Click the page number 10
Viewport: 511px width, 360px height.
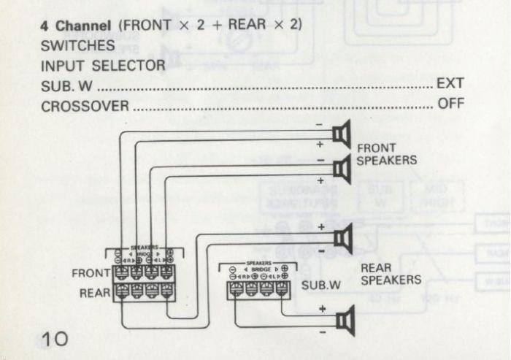(55, 340)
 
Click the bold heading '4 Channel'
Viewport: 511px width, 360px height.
(76, 26)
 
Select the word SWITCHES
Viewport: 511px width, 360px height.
(77, 45)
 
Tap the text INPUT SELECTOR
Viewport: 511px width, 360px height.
(103, 65)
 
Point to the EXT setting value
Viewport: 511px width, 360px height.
(450, 85)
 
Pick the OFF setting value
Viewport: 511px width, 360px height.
(451, 104)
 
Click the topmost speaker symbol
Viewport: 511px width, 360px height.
(342, 134)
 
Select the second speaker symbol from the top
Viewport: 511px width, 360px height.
(342, 170)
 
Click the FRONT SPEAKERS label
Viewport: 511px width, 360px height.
(387, 154)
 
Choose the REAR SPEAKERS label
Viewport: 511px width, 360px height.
(391, 274)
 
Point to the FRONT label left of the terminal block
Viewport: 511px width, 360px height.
(91, 274)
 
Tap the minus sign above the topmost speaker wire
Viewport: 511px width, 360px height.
(319, 124)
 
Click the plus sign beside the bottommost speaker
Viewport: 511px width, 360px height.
(322, 310)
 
